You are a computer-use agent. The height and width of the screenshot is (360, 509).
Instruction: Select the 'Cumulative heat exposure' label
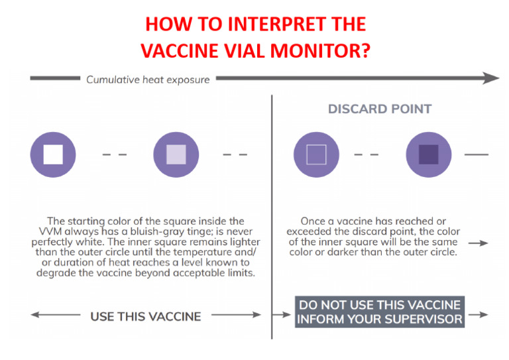tap(148, 80)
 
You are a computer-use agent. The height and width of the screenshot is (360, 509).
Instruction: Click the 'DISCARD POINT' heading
tap(380, 109)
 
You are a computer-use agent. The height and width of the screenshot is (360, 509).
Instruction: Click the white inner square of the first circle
tap(53, 154)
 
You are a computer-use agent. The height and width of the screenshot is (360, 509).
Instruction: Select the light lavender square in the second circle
tap(176, 154)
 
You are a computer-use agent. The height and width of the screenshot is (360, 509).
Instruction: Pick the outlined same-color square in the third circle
tap(317, 154)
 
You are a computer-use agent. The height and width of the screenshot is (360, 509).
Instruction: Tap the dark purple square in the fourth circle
tap(429, 154)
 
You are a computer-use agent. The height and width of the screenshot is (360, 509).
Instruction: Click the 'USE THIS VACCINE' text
tap(145, 316)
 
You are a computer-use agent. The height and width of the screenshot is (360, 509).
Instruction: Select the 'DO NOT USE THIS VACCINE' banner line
tap(379, 305)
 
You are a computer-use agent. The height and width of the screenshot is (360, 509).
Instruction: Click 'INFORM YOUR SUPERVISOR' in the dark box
tap(379, 320)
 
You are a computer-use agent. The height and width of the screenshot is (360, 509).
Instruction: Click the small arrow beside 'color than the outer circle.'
tap(482, 243)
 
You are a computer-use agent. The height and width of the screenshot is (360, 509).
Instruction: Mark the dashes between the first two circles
tap(115, 154)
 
